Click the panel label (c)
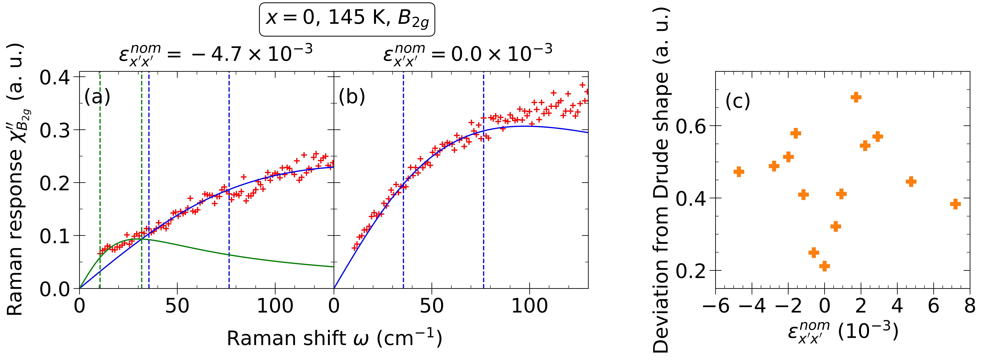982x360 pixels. click(x=738, y=101)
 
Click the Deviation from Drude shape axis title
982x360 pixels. click(x=661, y=179)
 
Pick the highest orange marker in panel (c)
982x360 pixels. click(x=856, y=97)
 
